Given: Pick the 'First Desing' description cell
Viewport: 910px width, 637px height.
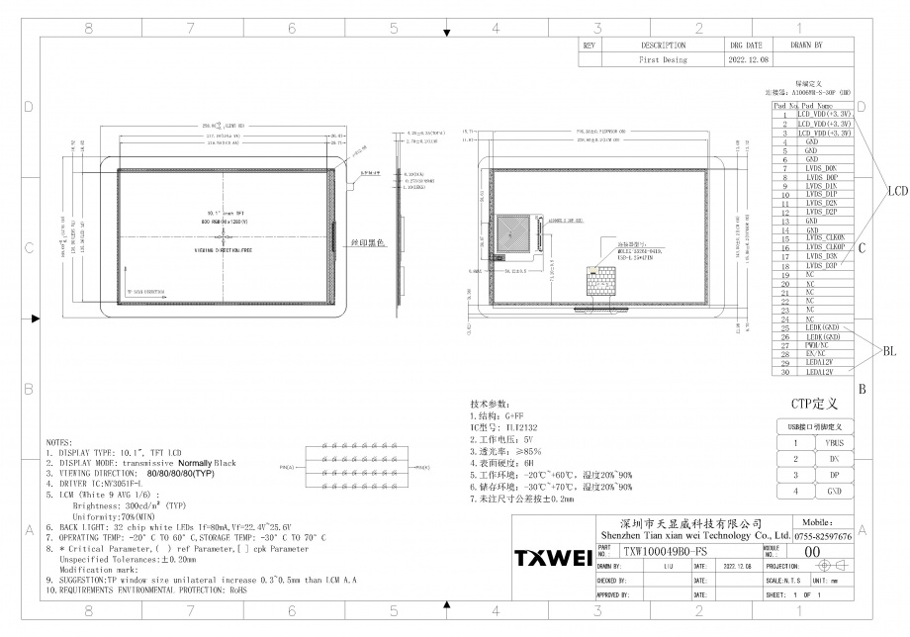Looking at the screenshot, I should pos(662,59).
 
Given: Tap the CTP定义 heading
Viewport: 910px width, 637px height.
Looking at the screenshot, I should pos(815,404).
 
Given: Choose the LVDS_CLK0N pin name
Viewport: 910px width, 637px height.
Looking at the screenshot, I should pos(825,238).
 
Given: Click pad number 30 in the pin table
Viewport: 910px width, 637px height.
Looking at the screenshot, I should pos(783,373).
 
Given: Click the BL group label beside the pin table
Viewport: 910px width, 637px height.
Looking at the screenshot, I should pos(890,350).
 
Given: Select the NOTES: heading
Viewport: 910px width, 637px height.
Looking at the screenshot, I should pos(58,443).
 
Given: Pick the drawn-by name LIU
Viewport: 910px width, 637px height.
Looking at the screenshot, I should pos(669,567).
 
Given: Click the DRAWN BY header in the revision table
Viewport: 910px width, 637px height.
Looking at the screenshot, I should pos(805,45).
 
